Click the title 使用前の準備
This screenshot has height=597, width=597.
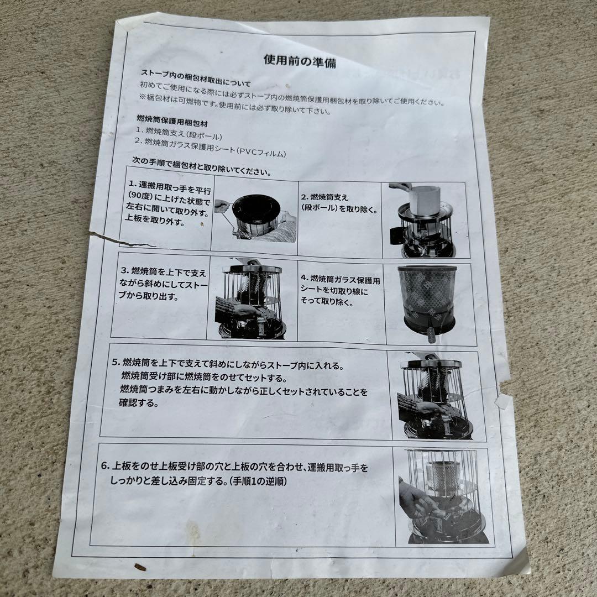pyautogui.click(x=300, y=61)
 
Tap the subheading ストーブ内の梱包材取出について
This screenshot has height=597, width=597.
pyautogui.click(x=196, y=78)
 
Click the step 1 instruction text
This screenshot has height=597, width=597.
pyautogui.click(x=168, y=203)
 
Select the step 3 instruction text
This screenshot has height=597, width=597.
pyautogui.click(x=163, y=284)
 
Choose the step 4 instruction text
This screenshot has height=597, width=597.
pyautogui.click(x=340, y=290)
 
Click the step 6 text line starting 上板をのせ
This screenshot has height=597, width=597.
pyautogui.click(x=234, y=467)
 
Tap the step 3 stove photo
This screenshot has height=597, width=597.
pyautogui.click(x=252, y=298)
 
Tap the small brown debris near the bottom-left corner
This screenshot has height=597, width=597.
pyautogui.click(x=140, y=567)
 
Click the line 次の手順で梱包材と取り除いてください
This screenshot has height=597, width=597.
pyautogui.click(x=202, y=166)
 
